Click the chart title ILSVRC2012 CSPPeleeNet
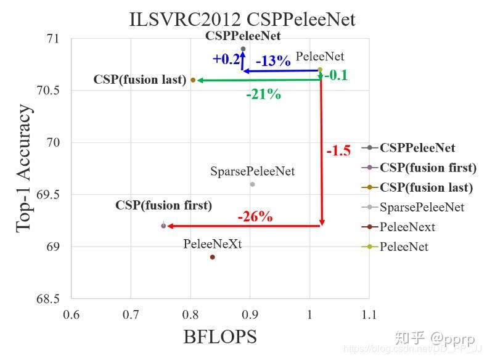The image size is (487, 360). click(x=242, y=19)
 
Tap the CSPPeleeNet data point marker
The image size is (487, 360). click(x=243, y=49)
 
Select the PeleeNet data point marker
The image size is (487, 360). click(x=319, y=70)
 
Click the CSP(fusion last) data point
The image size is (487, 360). click(x=193, y=80)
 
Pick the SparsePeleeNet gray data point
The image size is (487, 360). click(x=252, y=184)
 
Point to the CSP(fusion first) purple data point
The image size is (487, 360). click(x=163, y=226)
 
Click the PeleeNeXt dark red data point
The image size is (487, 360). click(x=213, y=257)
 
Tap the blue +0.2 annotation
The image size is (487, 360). click(x=226, y=59)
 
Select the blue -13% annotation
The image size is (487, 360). click(x=272, y=60)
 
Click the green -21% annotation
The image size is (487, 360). click(x=263, y=94)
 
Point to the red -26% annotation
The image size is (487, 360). click(x=255, y=217)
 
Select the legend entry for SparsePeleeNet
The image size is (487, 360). click(x=422, y=207)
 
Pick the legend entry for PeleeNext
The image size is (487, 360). click(x=407, y=227)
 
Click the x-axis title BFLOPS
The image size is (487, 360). click(x=220, y=337)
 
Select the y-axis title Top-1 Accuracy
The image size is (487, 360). click(x=24, y=168)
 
